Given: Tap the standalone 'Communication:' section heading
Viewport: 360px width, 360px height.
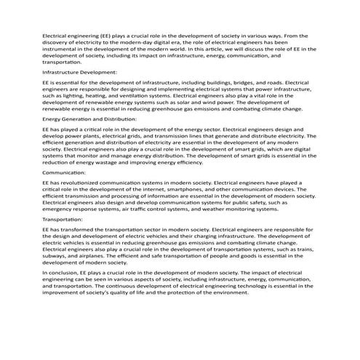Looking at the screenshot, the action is [x=63, y=174].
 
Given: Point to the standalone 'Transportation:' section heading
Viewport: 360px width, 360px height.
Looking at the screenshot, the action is [x=63, y=219].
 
